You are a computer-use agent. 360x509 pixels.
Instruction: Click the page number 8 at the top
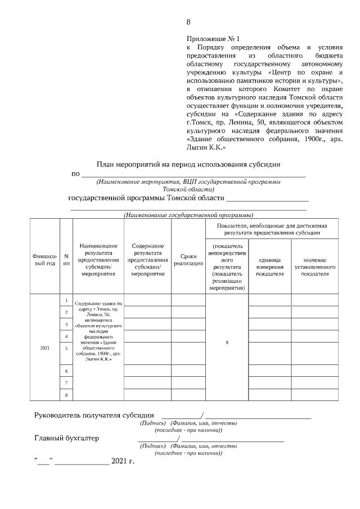click(188, 22)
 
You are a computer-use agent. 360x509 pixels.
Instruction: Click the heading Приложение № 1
click(213, 39)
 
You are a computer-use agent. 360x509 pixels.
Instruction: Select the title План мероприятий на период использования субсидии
click(188, 164)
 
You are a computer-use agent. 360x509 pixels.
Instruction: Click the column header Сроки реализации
click(188, 260)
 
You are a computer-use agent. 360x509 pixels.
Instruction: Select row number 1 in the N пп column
click(66, 300)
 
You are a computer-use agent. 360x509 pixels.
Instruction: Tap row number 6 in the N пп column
click(66, 371)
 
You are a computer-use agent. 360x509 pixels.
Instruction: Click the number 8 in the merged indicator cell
click(227, 344)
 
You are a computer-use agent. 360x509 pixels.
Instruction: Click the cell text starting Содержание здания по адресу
click(98, 332)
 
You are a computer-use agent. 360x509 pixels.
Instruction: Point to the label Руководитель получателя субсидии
click(94, 416)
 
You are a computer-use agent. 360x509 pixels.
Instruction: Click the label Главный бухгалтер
click(66, 438)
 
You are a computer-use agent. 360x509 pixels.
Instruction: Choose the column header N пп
click(66, 259)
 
